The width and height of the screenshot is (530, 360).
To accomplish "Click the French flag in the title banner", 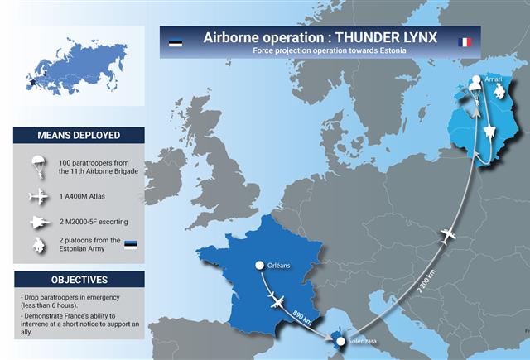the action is tap(465, 42).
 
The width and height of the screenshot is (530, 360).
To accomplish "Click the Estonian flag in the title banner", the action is tap(176, 43).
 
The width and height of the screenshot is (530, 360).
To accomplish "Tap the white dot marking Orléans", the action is tap(259, 266).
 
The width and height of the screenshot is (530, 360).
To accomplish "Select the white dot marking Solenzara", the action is tap(340, 342).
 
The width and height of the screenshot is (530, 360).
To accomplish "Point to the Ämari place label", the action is tap(494, 79).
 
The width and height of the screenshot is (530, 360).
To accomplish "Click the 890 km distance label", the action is tap(301, 318).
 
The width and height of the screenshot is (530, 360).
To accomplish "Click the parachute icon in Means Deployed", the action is tap(39, 167).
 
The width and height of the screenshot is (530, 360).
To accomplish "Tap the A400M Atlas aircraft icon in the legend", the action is tap(39, 196).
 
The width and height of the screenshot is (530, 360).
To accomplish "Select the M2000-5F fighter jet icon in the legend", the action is tap(40, 223).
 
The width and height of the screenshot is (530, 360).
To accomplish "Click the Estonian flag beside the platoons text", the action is tap(131, 245).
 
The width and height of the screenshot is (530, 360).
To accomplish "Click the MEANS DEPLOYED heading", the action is tap(79, 136).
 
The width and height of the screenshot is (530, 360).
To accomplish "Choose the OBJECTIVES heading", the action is tap(79, 280).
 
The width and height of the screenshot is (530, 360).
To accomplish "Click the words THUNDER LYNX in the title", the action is tap(386, 37).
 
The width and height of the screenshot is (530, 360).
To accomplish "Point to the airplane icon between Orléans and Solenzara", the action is tap(277, 300).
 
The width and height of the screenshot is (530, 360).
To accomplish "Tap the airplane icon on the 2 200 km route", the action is tap(448, 236).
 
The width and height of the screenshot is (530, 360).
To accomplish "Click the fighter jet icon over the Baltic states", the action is tap(489, 132).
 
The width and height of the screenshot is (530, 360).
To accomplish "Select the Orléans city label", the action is tap(278, 266).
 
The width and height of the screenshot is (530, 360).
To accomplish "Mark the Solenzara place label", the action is tap(363, 341).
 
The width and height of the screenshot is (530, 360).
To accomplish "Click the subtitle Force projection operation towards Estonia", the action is tap(330, 50).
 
